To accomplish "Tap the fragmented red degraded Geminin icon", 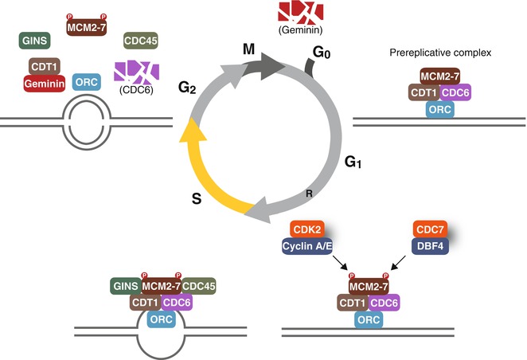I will tap(299, 12).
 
